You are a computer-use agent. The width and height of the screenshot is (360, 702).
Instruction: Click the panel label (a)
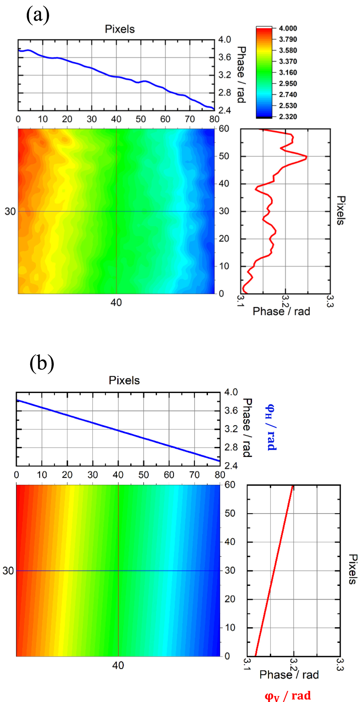pos(38,15)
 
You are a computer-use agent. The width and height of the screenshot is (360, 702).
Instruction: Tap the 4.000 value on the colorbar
pos(288,28)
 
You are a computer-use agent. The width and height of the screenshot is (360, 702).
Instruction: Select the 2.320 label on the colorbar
pos(288,117)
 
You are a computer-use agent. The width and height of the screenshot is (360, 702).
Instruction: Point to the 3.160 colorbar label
pos(288,73)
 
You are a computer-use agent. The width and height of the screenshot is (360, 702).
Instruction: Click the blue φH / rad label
pos(271,428)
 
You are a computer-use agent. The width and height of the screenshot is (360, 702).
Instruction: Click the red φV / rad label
pos(288,695)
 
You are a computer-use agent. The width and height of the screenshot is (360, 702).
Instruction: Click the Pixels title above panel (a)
pos(120,29)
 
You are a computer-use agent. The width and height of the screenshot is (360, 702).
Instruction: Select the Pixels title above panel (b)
pos(124,380)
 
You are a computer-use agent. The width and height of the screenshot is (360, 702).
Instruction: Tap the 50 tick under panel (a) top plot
pos(141,119)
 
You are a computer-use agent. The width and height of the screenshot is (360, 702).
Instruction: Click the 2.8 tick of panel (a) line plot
pos(224,93)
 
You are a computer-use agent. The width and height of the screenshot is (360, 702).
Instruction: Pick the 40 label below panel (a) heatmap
pos(116,303)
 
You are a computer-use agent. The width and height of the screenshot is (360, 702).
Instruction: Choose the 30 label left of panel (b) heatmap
pos(8,571)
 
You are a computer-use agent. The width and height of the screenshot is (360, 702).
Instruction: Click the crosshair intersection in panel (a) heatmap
pos(116,211)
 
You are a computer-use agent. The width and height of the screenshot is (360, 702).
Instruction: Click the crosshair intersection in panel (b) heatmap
pos(118,571)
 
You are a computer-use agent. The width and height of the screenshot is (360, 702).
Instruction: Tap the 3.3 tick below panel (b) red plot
pos(339,664)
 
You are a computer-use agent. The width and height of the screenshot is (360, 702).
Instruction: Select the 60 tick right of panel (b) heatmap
pos(230,485)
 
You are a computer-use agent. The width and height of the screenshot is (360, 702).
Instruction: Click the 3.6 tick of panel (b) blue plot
pos(231,411)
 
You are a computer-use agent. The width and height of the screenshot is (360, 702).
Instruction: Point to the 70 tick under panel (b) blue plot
pos(195,475)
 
